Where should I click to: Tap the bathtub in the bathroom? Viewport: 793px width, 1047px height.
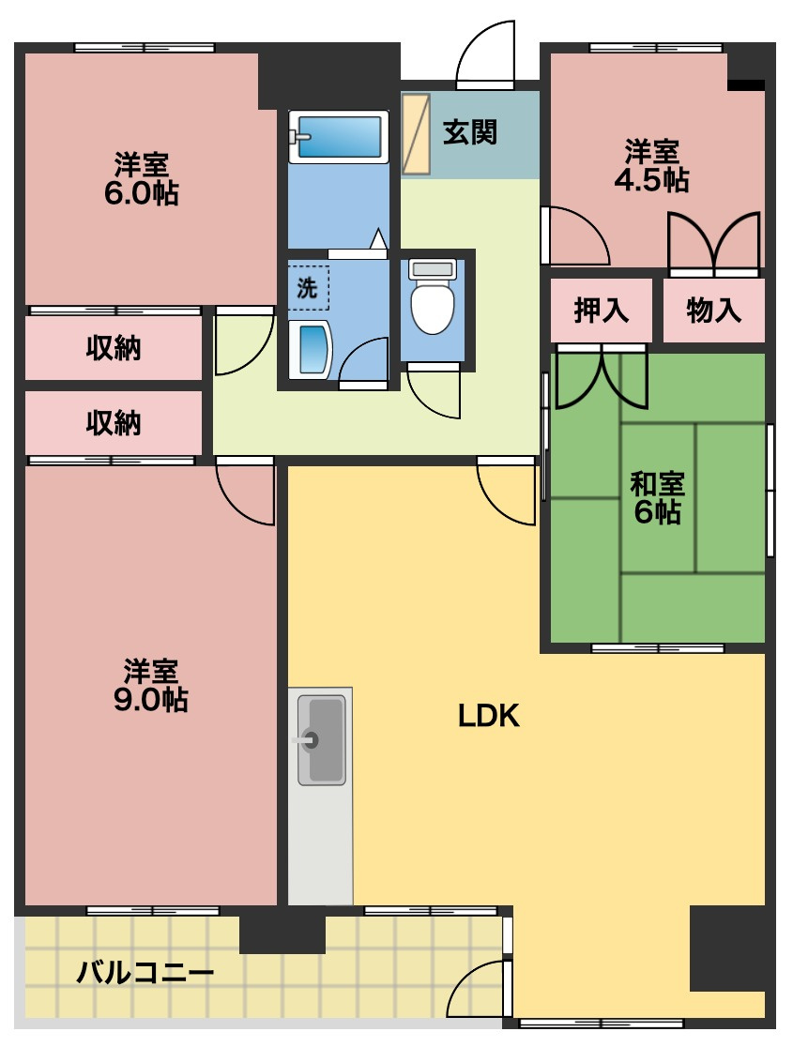339,136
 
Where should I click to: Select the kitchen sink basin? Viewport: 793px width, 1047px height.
321,739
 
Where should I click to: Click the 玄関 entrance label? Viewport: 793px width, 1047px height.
470,132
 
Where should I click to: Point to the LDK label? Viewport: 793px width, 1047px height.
488,716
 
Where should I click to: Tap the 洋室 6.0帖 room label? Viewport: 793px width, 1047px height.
142,178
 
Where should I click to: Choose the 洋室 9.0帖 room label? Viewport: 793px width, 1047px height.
151,685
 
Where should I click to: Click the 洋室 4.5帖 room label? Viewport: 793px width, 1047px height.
652,166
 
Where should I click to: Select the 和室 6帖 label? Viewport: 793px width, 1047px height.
657,497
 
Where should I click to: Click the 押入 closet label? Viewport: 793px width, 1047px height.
602,310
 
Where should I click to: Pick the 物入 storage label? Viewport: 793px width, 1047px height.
713,310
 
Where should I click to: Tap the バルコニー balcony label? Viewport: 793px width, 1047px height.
145,972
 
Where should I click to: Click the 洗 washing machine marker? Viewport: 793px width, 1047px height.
307,288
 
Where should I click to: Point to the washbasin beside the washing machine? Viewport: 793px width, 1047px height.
310,349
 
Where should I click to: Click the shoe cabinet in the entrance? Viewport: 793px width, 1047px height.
417,134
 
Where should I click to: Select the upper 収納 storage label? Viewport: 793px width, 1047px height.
114,348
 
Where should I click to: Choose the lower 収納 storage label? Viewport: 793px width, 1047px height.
114,423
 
